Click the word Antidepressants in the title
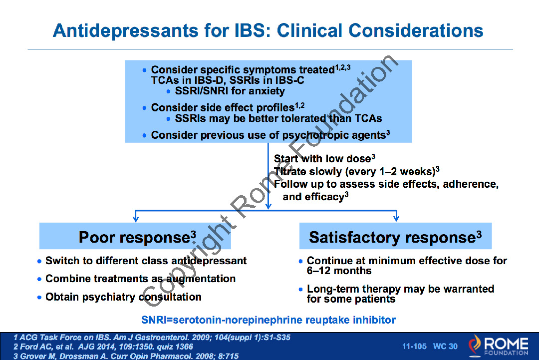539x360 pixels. (125, 30)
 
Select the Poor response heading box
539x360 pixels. (135, 236)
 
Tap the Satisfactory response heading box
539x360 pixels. (395, 236)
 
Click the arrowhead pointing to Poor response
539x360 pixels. (136, 218)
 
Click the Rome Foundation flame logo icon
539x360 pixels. (475, 345)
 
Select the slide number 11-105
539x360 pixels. (414, 346)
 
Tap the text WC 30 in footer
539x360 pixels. (445, 346)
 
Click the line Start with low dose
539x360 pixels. (324, 158)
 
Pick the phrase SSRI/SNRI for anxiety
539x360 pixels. (230, 91)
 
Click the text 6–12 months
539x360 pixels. (339, 271)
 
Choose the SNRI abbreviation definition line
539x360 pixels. (269, 320)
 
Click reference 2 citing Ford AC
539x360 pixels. (103, 347)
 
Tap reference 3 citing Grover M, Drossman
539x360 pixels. (126, 356)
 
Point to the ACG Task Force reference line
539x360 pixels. (152, 338)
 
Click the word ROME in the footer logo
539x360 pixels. (506, 344)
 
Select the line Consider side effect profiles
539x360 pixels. (228, 108)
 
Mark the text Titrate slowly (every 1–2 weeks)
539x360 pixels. (356, 171)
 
